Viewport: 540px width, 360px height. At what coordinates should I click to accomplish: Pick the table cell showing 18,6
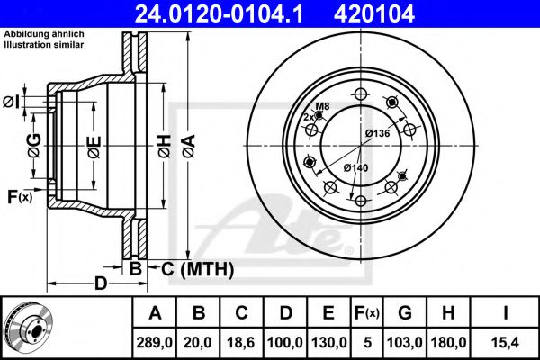(242, 343)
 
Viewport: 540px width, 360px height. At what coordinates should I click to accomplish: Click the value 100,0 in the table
(285, 343)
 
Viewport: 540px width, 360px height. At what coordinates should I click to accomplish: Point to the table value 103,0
(405, 343)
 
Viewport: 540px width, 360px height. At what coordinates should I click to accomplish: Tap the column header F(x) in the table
(367, 312)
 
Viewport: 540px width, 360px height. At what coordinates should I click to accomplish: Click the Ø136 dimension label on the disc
(377, 134)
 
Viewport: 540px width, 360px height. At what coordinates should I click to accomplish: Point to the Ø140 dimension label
(355, 166)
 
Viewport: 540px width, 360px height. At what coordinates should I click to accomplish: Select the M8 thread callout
(322, 107)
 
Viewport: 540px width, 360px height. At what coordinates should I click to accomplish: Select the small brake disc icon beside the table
(27, 326)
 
